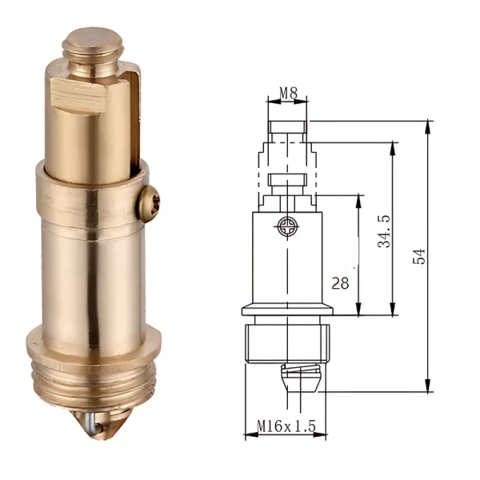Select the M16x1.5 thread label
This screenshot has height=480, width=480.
click(286, 427)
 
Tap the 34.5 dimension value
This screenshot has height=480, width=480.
click(385, 230)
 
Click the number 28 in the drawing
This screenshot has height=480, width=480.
click(341, 282)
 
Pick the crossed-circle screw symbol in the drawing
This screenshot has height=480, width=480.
click(287, 228)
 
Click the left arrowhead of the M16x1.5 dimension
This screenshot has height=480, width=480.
click(249, 436)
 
